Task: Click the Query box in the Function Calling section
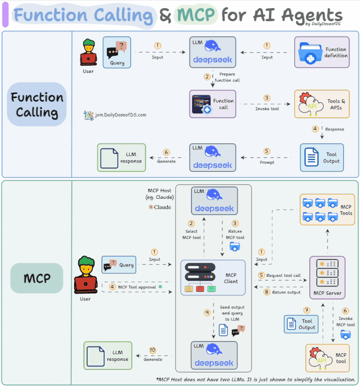tap(117, 52)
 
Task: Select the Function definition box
tap(321, 52)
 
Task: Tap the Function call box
tap(213, 104)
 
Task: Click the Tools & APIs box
tap(321, 104)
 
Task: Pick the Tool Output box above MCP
tap(321, 157)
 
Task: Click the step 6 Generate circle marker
tap(166, 152)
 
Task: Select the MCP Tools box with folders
tap(327, 210)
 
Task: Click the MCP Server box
tap(327, 278)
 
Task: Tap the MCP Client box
tap(213, 278)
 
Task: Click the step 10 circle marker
tap(153, 350)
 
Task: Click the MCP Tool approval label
tap(137, 287)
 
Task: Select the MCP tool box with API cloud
tap(327, 358)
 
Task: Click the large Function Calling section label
tap(37, 104)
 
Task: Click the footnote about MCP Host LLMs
tap(256, 380)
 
